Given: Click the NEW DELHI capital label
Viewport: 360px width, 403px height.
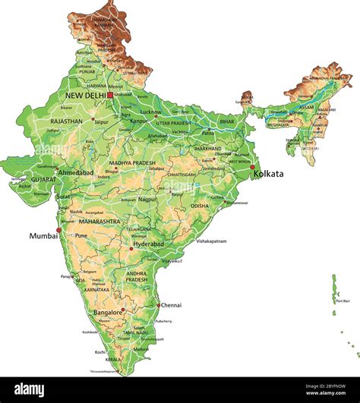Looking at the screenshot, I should [85, 96].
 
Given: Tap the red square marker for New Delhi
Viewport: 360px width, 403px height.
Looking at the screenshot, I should [110, 96].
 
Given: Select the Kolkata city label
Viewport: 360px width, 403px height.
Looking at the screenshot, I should [268, 174].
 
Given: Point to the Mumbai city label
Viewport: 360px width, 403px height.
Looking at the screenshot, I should [43, 236].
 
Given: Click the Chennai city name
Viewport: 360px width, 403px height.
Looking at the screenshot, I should [171, 305].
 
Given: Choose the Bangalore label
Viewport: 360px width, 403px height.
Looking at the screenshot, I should [108, 312].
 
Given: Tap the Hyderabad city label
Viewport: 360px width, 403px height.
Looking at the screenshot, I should [149, 244].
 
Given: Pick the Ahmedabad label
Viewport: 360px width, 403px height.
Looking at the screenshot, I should [76, 173].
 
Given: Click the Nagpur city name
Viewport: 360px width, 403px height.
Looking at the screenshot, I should [147, 199].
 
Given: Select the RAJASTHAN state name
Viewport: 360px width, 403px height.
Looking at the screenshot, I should [67, 121].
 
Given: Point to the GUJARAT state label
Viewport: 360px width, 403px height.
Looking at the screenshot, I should [44, 180].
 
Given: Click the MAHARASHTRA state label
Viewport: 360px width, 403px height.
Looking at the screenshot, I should [99, 222].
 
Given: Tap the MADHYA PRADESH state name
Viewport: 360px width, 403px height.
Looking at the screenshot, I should [131, 163].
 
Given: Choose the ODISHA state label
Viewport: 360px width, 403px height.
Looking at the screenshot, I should [199, 206].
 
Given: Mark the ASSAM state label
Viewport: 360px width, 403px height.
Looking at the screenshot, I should [306, 108].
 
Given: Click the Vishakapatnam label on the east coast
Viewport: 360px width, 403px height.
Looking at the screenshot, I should [212, 241].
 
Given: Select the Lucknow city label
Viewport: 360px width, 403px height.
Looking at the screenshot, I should [150, 112].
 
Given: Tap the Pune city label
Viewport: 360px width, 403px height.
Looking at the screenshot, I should [81, 235].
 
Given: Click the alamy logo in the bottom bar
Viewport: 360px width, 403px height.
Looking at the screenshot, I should [30, 390].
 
